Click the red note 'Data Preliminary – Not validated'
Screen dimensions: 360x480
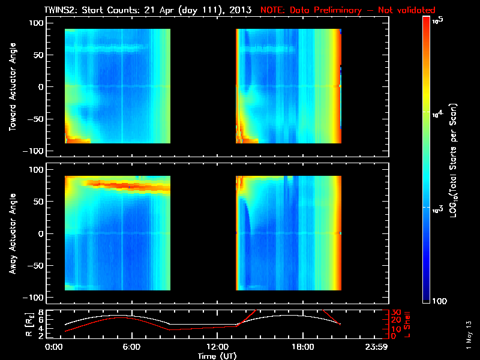point(348,10)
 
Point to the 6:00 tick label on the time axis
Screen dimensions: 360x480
point(131,347)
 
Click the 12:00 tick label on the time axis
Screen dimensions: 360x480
point(217,347)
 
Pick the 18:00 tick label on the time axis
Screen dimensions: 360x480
point(302,347)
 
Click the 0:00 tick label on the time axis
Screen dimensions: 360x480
point(54,347)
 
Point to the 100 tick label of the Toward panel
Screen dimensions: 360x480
point(37,22)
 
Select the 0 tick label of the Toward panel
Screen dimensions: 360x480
point(41,86)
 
